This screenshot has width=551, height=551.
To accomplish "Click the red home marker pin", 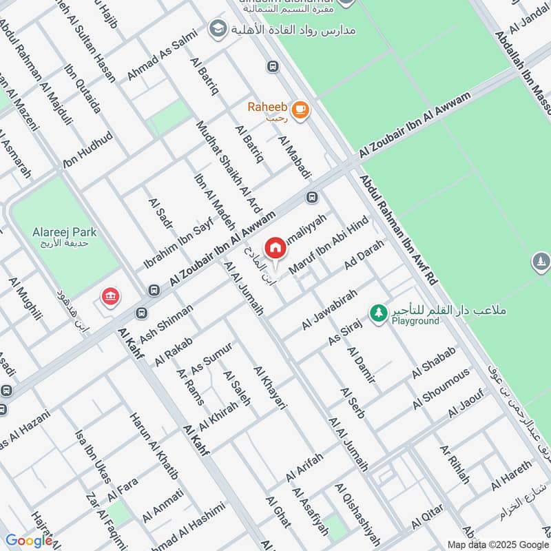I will click(275, 247).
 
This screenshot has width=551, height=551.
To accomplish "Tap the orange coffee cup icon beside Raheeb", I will click(300, 110).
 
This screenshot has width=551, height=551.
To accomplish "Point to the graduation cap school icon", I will click(218, 29).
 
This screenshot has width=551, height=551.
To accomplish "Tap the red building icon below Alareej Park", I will click(110, 297).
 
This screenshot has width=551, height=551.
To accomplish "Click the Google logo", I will click(28, 541).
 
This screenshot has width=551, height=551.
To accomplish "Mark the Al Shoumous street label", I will click(441, 389).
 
